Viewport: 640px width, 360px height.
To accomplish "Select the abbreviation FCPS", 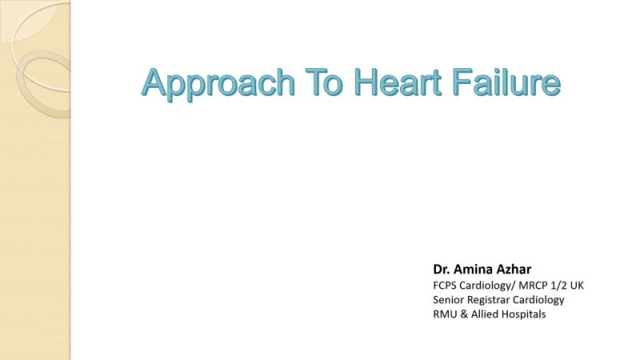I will click(445, 284).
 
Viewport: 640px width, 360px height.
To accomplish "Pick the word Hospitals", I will click(524, 314).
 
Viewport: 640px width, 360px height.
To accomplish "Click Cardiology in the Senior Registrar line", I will click(540, 299).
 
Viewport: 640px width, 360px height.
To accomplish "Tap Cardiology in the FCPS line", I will click(482, 284).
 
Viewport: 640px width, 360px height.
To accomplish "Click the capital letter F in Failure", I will click(460, 82).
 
